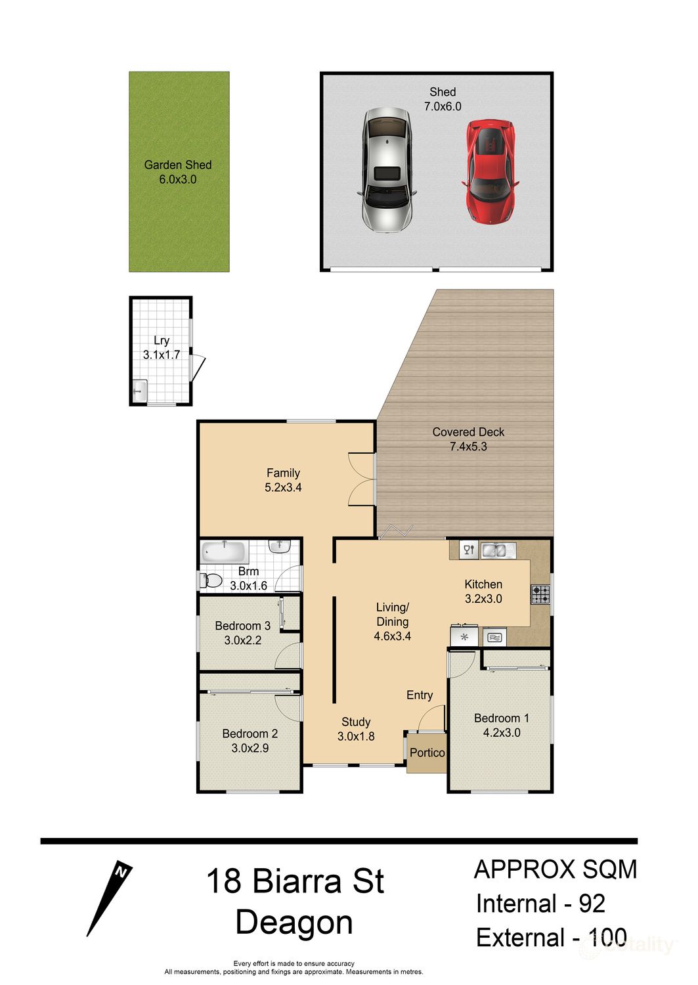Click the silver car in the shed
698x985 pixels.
tap(387, 170)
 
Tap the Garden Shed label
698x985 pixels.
tap(178, 165)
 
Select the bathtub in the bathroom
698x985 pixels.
tap(223, 552)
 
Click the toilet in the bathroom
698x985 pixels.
tap(209, 580)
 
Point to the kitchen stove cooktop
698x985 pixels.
tap(540, 594)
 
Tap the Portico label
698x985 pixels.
tap(427, 753)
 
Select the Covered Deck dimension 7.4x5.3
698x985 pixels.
tap(468, 447)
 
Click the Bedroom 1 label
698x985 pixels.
tap(501, 718)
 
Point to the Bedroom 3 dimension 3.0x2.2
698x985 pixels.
tap(243, 640)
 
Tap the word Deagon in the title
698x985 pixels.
tap(294, 923)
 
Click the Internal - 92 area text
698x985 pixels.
tap(540, 904)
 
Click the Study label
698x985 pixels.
tap(356, 722)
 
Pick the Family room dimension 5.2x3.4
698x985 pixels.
tap(283, 487)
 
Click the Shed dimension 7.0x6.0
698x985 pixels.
tap(443, 106)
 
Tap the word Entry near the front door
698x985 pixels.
tap(420, 695)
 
